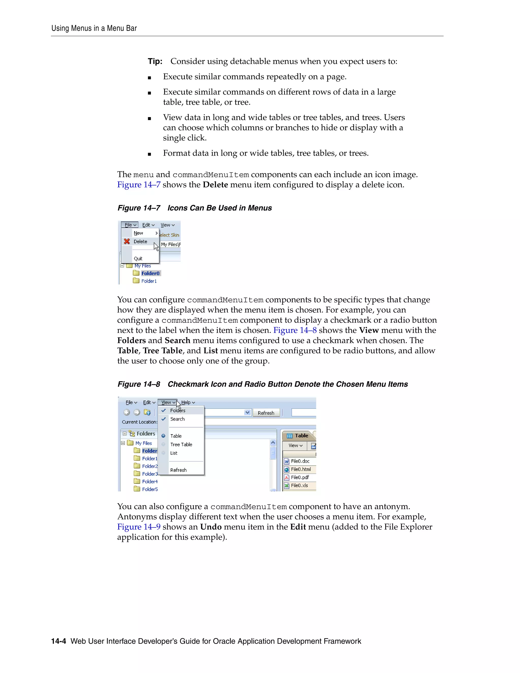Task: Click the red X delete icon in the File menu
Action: [127, 241]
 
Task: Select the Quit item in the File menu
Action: [138, 259]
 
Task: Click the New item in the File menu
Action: [138, 233]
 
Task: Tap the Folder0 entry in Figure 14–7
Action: [150, 273]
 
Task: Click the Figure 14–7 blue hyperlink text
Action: [139, 185]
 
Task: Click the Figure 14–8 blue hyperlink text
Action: [295, 330]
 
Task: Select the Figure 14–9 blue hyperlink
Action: [139, 527]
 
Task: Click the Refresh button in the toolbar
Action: [266, 413]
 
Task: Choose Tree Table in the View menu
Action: [181, 444]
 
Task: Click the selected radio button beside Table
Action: [164, 436]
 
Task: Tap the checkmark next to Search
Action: [164, 419]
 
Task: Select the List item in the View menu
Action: [174, 453]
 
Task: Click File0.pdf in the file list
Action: [300, 477]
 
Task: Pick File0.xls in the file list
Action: [299, 485]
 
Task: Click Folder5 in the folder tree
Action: [150, 489]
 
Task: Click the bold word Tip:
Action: [155, 61]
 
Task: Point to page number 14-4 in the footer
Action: [59, 641]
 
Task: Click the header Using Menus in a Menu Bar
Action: [94, 28]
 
